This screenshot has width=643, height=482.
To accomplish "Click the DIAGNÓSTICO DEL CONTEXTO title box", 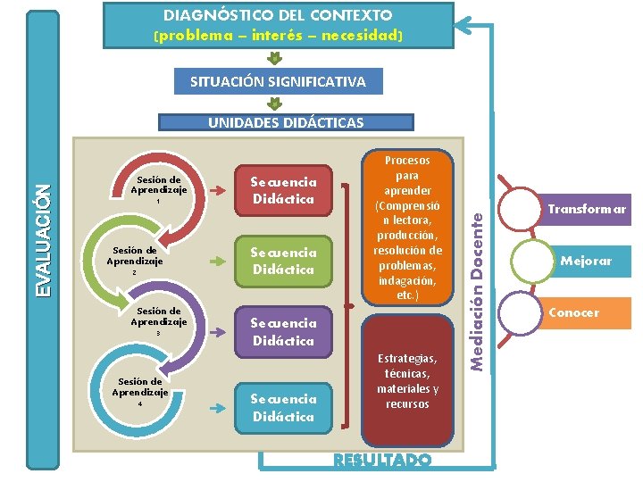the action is coord(278,25).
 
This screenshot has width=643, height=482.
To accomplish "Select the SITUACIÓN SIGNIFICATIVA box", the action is coord(278,82).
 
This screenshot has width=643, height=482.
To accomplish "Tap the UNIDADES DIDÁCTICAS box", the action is coord(286,122).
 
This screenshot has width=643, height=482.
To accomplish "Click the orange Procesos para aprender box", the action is coord(406,229).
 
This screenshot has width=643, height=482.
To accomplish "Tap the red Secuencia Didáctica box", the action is coord(282,190).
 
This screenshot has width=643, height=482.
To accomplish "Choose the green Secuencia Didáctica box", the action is coord(282,261).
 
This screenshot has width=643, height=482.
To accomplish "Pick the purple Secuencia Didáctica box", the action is coord(282,331).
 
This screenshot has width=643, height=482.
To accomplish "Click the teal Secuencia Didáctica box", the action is coord(282,407).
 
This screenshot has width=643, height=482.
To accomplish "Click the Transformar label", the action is coord(587,210).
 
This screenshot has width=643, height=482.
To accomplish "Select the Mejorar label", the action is coord(586,262).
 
